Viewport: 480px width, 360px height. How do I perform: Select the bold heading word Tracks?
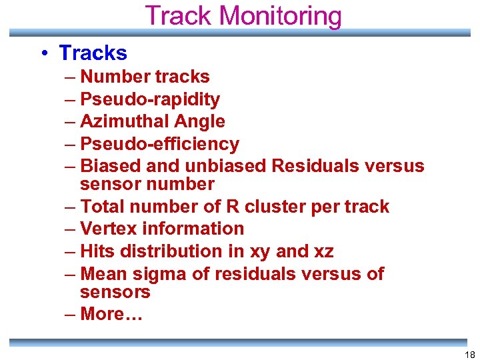click(93, 53)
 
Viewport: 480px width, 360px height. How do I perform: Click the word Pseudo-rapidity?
click(150, 99)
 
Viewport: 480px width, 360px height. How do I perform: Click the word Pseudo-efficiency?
click(159, 144)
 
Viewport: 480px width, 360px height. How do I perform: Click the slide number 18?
click(468, 355)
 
